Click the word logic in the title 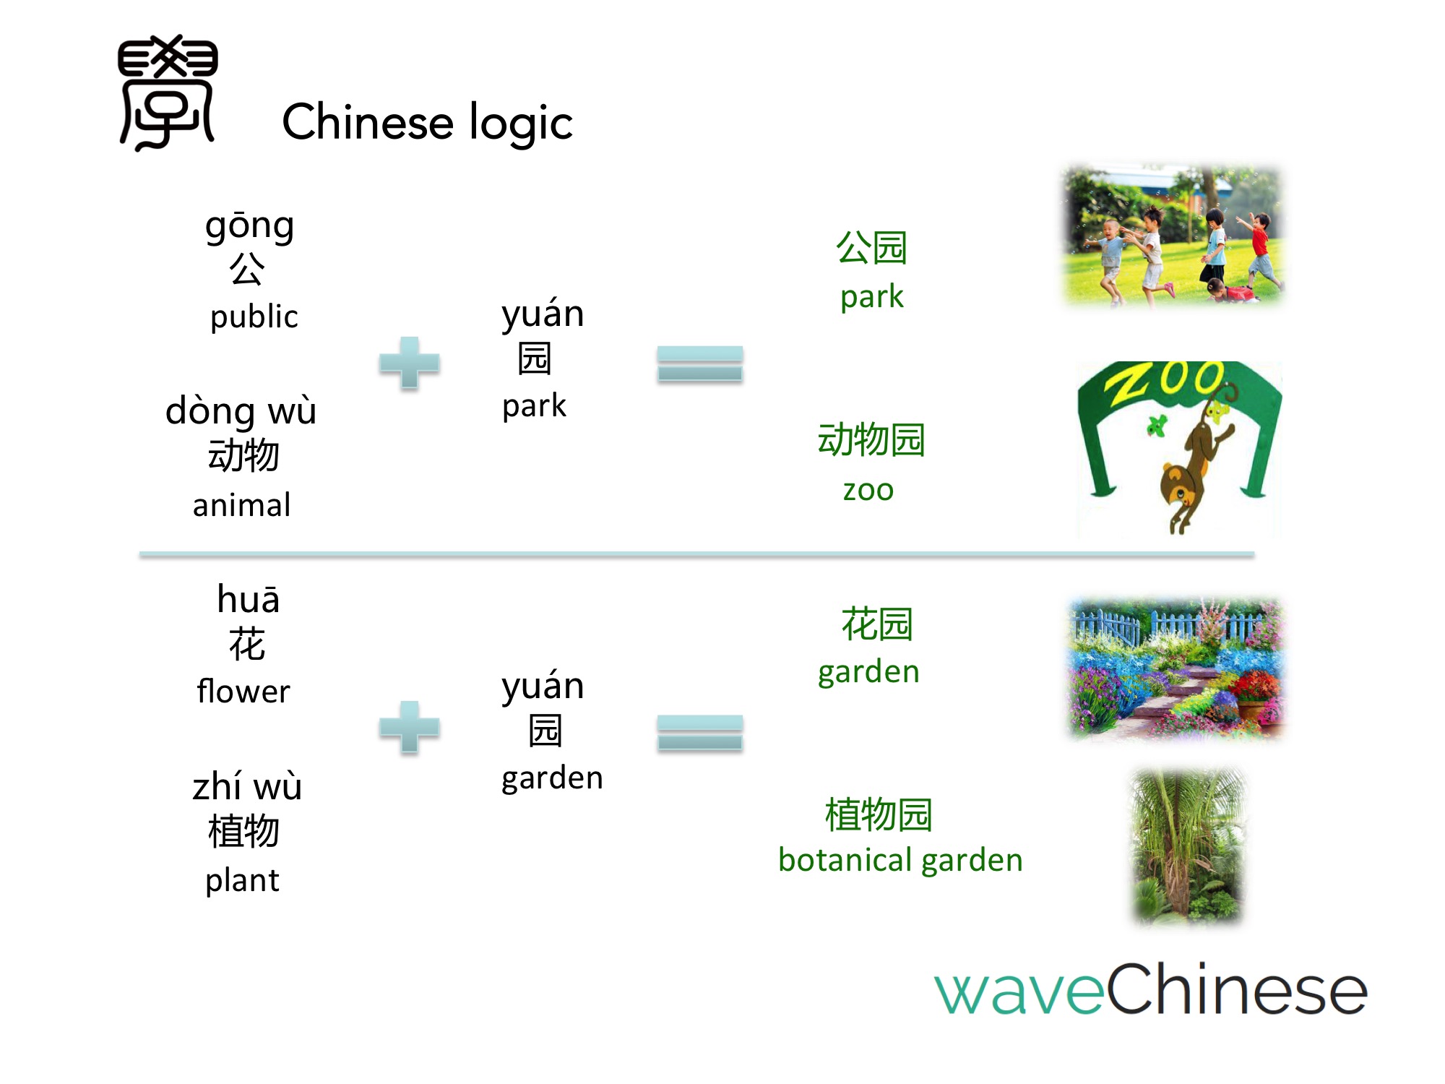point(520,123)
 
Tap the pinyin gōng point(249,228)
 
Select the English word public point(254,317)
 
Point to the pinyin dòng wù point(241,410)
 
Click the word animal point(241,504)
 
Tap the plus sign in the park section point(409,363)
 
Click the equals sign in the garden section point(699,732)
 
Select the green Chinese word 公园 point(871,248)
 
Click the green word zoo point(868,490)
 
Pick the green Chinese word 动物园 point(871,439)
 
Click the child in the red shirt point(1260,249)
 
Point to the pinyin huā point(249,600)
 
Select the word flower point(243,692)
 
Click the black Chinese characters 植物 point(243,831)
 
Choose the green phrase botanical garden point(900,860)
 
